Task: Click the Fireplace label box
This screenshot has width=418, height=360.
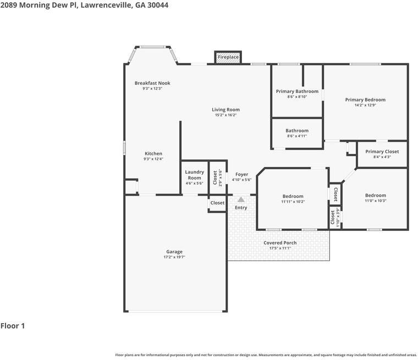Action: (228, 57)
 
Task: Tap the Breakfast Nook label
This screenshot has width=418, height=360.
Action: (152, 83)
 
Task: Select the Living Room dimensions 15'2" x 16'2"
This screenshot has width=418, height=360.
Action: (226, 115)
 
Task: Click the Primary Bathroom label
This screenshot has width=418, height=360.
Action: (297, 91)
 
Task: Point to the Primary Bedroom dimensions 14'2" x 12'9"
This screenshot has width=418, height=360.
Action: (365, 105)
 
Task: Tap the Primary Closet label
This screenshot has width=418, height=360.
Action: (382, 152)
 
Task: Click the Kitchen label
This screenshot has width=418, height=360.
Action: (153, 153)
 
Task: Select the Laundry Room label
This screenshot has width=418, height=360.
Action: (194, 175)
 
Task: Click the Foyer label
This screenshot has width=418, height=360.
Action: (242, 174)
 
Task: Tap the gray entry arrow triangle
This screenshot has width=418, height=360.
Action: (241, 200)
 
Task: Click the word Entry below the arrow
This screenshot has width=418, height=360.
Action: (241, 208)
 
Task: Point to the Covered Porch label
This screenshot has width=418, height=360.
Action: (280, 243)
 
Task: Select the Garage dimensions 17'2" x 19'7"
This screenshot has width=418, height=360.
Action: (174, 257)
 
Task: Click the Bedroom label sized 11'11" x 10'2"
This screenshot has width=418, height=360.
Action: (293, 196)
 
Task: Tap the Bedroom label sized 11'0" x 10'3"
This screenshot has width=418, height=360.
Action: (376, 195)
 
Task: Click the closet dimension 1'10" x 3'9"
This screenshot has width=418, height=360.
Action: (338, 218)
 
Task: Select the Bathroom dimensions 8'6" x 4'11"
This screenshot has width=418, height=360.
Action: (297, 136)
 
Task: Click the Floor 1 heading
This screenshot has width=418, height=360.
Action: (13, 326)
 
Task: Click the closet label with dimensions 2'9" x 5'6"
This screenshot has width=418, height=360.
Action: (215, 178)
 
